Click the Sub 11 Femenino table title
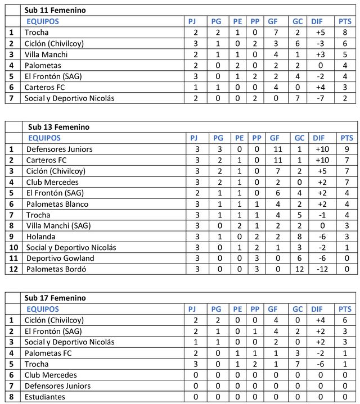pyautogui.click(x=55, y=11)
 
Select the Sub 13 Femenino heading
pyautogui.click(x=57, y=127)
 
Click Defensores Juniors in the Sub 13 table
pyautogui.click(x=59, y=149)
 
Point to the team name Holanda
pyautogui.click(x=40, y=237)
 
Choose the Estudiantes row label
pyautogui.click(x=44, y=397)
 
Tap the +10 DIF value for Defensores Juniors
pyautogui.click(x=319, y=149)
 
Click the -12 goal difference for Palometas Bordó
pyautogui.click(x=319, y=269)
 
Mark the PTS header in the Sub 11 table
pyautogui.click(x=345, y=21)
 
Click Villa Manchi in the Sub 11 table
pyautogui.click(x=46, y=55)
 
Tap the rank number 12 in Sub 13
pyautogui.click(x=12, y=269)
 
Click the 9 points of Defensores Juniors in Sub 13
pyautogui.click(x=345, y=149)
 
